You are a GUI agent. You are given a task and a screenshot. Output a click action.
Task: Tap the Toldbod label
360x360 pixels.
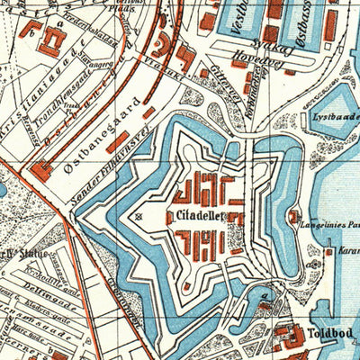[330, 342]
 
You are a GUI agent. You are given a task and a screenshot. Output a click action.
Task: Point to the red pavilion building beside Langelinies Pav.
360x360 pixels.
[295, 216]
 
